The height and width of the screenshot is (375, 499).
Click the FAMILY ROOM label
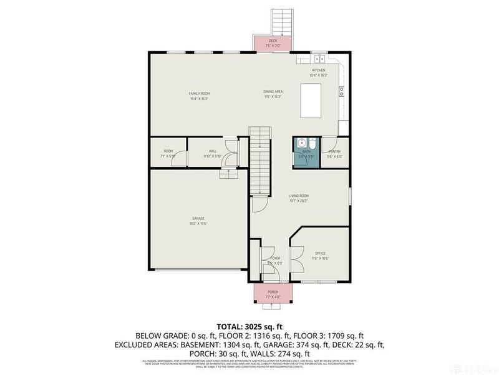[x=199, y=93]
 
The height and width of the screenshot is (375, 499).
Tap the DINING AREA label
[x=273, y=91]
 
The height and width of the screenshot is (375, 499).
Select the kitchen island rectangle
[x=311, y=101]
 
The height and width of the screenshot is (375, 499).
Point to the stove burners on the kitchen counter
[x=342, y=91]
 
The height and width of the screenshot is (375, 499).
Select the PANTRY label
[x=334, y=151]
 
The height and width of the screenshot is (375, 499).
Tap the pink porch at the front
[x=273, y=294]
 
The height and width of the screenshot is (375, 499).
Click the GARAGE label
[x=198, y=218]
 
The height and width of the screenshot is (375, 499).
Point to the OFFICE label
[x=321, y=253]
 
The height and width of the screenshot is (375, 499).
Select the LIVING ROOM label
[x=299, y=196]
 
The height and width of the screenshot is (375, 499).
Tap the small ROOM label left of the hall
[x=168, y=151]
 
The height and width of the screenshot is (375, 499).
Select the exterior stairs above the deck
[x=279, y=22]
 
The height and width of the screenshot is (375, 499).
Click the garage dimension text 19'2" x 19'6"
[x=198, y=223]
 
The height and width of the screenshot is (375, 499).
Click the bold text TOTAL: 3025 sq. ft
[x=249, y=326]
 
